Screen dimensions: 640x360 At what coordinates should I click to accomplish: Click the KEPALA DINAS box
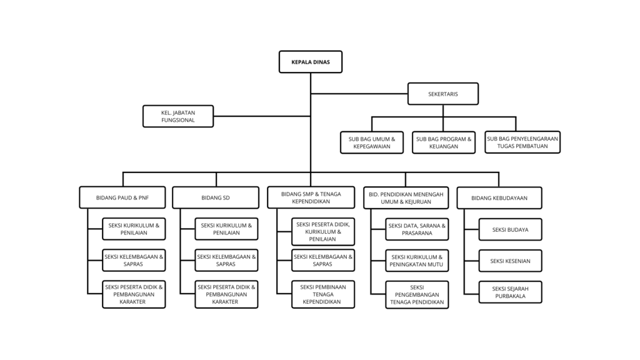tap(311, 62)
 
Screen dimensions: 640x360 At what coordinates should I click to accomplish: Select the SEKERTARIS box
tap(443, 94)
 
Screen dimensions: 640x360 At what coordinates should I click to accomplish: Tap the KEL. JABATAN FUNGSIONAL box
tap(178, 116)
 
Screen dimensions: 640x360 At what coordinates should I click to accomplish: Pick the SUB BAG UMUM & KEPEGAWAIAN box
tap(372, 142)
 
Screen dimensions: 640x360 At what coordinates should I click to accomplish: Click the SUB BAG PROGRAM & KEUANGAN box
tap(444, 142)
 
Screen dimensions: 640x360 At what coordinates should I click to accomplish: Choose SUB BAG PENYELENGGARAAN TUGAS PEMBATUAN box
tap(522, 142)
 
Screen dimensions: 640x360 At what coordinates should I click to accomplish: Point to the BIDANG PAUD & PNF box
tap(122, 197)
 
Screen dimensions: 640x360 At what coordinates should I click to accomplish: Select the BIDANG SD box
tap(216, 197)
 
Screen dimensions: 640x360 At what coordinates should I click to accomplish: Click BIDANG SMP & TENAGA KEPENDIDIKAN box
tap(311, 197)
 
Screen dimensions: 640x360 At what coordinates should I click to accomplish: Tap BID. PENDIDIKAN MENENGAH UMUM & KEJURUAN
tap(406, 198)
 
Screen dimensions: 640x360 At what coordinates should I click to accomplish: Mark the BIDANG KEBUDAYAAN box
tap(499, 198)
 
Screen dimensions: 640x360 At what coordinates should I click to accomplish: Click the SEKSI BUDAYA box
tap(510, 229)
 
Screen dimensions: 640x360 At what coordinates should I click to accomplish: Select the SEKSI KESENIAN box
tap(510, 261)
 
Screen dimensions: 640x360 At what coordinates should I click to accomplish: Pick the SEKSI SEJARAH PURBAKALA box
tap(510, 292)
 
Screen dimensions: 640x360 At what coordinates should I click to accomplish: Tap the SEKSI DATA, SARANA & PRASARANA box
tap(417, 229)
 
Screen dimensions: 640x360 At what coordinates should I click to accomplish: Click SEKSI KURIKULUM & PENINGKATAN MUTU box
tap(417, 261)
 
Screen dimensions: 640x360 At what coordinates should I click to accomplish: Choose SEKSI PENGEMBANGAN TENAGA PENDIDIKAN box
tap(417, 295)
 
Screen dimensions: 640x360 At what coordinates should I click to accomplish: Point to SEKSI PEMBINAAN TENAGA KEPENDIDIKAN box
tap(323, 294)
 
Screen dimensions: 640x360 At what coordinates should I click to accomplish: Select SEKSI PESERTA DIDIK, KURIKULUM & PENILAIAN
tap(323, 232)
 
